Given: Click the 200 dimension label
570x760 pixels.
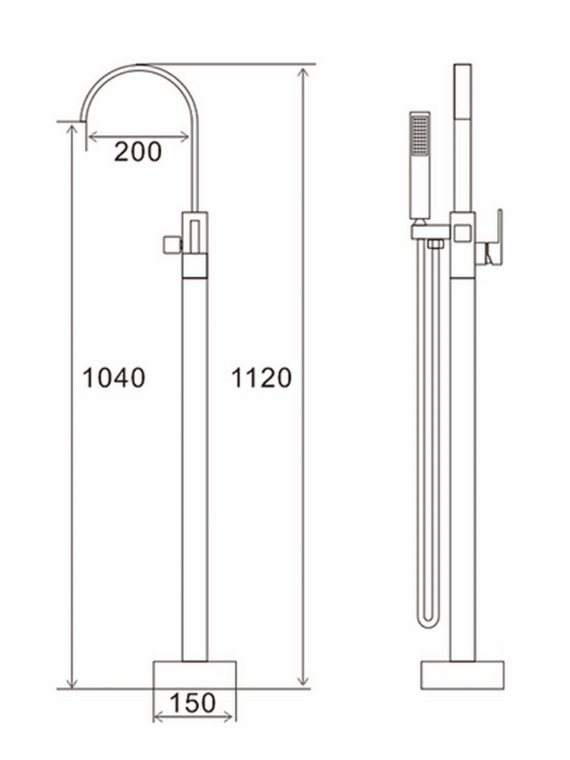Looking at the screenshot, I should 138,152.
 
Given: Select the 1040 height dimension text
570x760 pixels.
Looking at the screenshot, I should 113,377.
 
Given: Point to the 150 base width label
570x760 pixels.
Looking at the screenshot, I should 193,703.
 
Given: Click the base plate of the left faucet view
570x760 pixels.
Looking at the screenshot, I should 195,674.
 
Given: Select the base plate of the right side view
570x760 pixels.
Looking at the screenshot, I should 463,674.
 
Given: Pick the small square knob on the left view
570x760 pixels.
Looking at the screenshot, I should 171,244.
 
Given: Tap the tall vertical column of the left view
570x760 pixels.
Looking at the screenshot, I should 195,471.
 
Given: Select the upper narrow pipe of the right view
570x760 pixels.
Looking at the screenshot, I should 462,137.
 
